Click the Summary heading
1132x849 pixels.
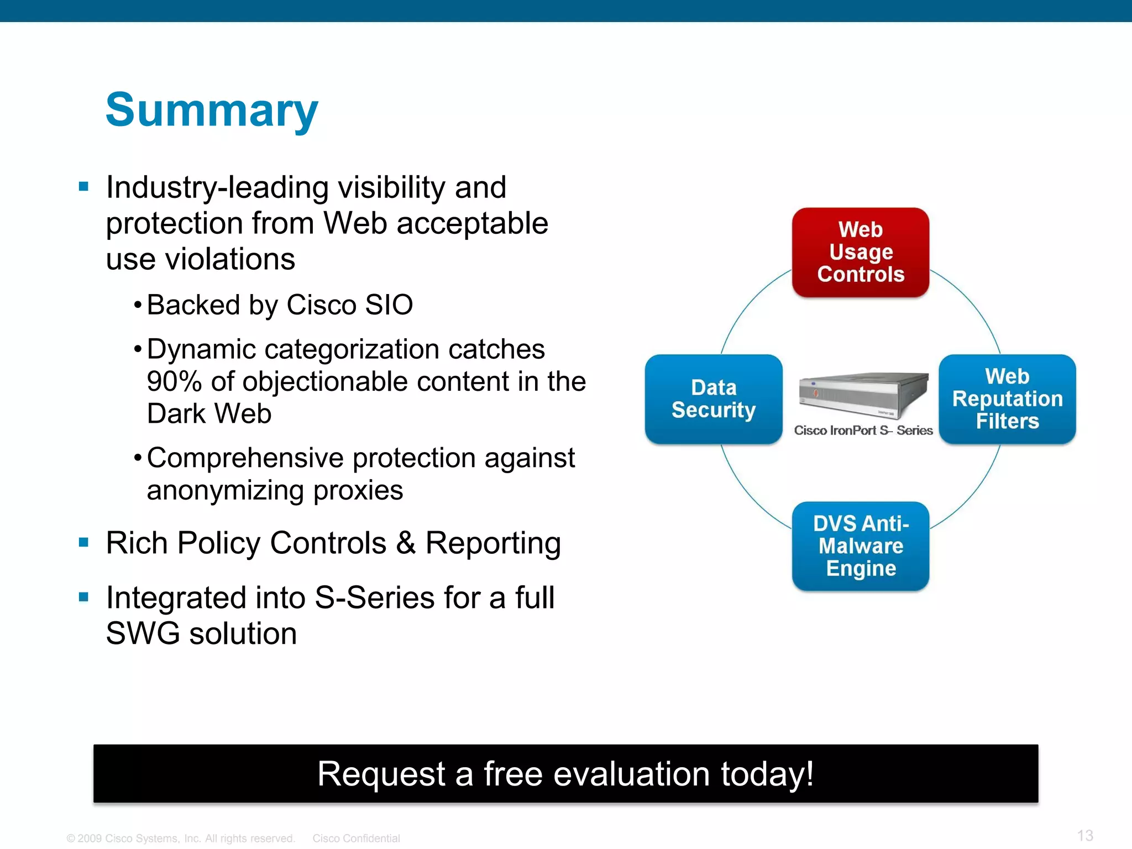point(212,111)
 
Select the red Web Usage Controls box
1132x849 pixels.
point(860,253)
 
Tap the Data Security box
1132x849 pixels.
point(713,399)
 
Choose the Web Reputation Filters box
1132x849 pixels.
point(1007,399)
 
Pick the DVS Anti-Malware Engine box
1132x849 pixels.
point(860,546)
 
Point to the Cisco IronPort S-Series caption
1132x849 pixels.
point(863,431)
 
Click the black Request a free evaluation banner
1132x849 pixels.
point(565,773)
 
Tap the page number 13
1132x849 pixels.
point(1085,835)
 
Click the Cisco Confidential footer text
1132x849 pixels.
point(356,838)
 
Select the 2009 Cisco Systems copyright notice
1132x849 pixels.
point(181,838)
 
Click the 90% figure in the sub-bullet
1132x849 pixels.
point(174,382)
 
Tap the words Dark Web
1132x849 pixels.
point(209,414)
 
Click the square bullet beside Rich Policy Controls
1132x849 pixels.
point(84,542)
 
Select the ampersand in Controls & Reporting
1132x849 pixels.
point(406,543)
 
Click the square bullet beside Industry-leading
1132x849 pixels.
point(84,186)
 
